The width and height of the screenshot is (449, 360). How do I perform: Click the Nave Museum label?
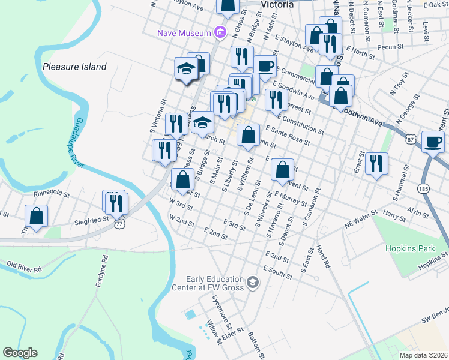[x=184, y=32]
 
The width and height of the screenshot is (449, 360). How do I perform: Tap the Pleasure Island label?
[x=74, y=67]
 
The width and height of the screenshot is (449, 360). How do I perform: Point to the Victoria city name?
[x=277, y=4]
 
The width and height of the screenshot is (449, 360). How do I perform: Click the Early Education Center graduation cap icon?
[x=253, y=281]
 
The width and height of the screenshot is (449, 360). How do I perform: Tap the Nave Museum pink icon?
[x=221, y=32]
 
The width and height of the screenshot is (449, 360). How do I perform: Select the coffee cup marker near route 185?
[x=433, y=142]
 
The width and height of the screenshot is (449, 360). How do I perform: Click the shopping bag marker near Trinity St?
[x=37, y=216]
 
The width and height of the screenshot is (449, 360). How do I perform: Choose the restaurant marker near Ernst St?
[x=376, y=163]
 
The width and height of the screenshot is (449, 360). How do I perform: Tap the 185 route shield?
[x=424, y=188]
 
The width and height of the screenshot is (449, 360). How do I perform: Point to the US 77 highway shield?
[x=120, y=224]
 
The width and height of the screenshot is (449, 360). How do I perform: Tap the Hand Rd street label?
[x=324, y=256]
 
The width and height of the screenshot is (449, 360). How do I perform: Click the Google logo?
[x=20, y=353]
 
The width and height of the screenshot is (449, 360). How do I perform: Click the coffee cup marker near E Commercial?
[x=264, y=66]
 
